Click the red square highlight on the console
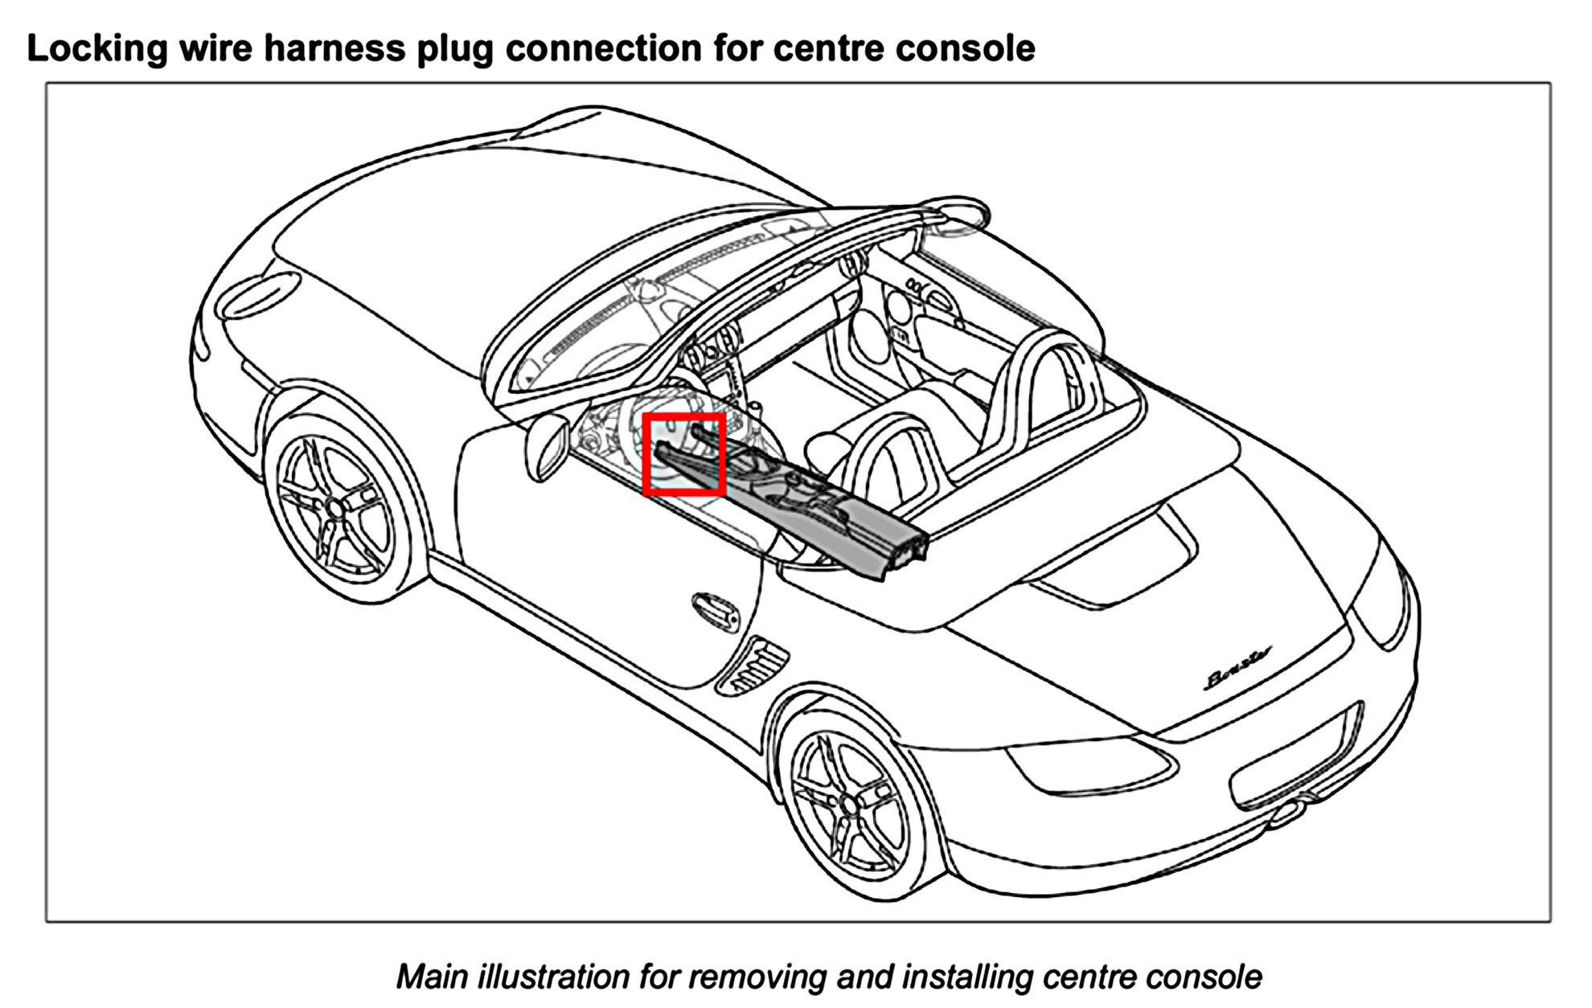click(684, 454)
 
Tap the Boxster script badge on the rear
click(1239, 668)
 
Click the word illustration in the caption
click(554, 977)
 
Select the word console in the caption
click(1203, 977)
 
